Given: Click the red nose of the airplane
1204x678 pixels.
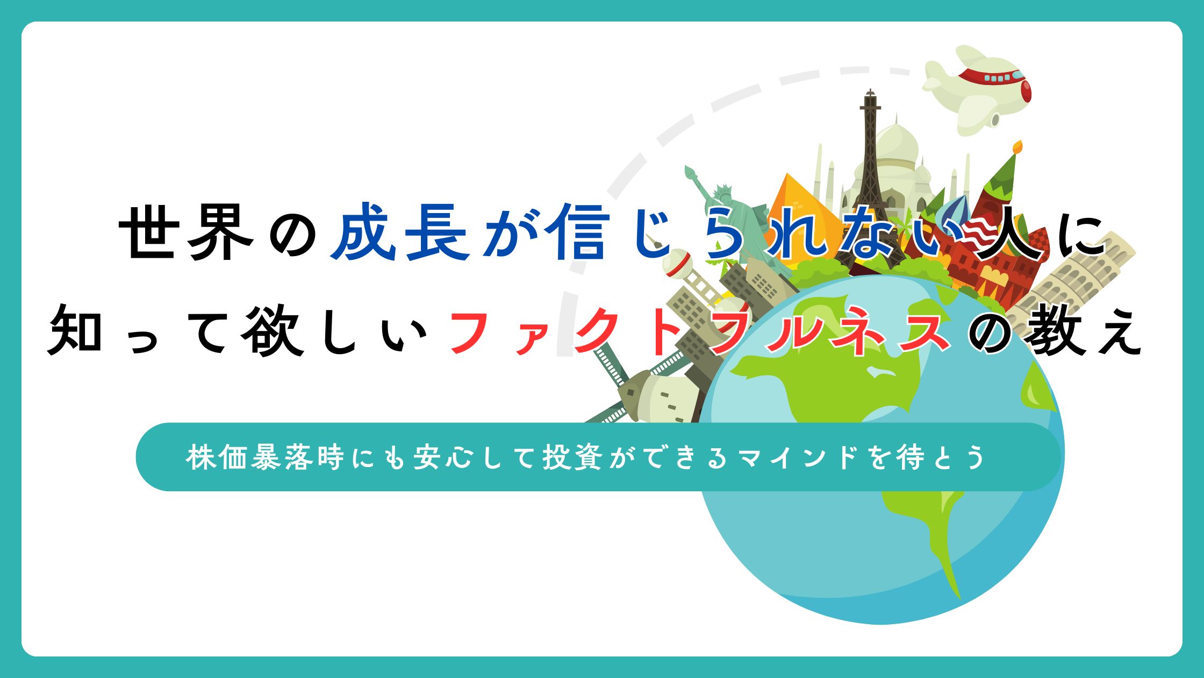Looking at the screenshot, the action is pos(1026,90).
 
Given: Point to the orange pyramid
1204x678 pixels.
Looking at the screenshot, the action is pos(801,210).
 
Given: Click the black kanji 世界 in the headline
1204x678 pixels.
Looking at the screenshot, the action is pos(186,232).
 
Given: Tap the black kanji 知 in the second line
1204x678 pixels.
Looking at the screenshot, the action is pos(75,329).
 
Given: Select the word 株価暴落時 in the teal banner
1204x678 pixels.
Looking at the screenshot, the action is pos(264,457).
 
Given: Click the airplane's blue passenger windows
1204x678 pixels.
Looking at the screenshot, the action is pos(998,78).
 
